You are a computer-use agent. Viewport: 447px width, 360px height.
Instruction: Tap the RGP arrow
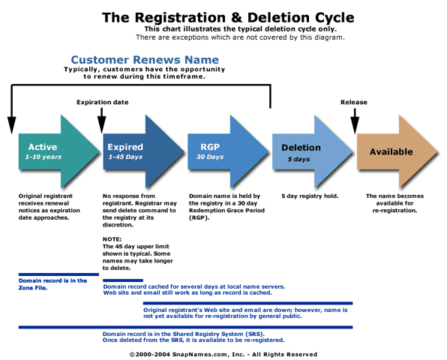coord(228,151)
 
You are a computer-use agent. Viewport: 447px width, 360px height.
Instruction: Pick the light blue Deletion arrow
coord(313,151)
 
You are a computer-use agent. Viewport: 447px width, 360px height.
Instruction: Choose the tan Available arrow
coord(397,151)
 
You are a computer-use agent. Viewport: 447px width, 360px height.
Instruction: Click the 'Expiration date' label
coord(102,102)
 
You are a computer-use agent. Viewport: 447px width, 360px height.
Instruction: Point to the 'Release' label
coord(354,102)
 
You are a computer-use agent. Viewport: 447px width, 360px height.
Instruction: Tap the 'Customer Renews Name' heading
coord(145,59)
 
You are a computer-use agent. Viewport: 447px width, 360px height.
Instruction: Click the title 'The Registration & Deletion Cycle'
coord(228,17)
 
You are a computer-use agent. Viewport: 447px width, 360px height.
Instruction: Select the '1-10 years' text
coord(43,157)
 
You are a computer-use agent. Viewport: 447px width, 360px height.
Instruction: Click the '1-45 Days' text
coord(125,157)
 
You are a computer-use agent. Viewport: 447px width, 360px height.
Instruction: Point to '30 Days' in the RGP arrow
coord(210,157)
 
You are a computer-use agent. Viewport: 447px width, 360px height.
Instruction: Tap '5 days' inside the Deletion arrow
coord(298,159)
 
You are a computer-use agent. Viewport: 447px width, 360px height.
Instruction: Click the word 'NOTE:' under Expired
coord(112,239)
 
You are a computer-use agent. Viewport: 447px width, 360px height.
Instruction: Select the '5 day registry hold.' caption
coord(310,196)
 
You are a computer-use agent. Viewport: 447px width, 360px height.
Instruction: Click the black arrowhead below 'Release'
coord(355,125)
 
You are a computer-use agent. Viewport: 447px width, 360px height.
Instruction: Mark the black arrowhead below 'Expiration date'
coord(101,125)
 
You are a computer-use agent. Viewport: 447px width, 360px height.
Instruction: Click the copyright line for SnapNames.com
coord(223,354)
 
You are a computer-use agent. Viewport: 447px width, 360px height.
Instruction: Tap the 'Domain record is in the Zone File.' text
coord(52,284)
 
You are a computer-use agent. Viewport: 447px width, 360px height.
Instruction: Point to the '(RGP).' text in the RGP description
coord(199,217)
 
